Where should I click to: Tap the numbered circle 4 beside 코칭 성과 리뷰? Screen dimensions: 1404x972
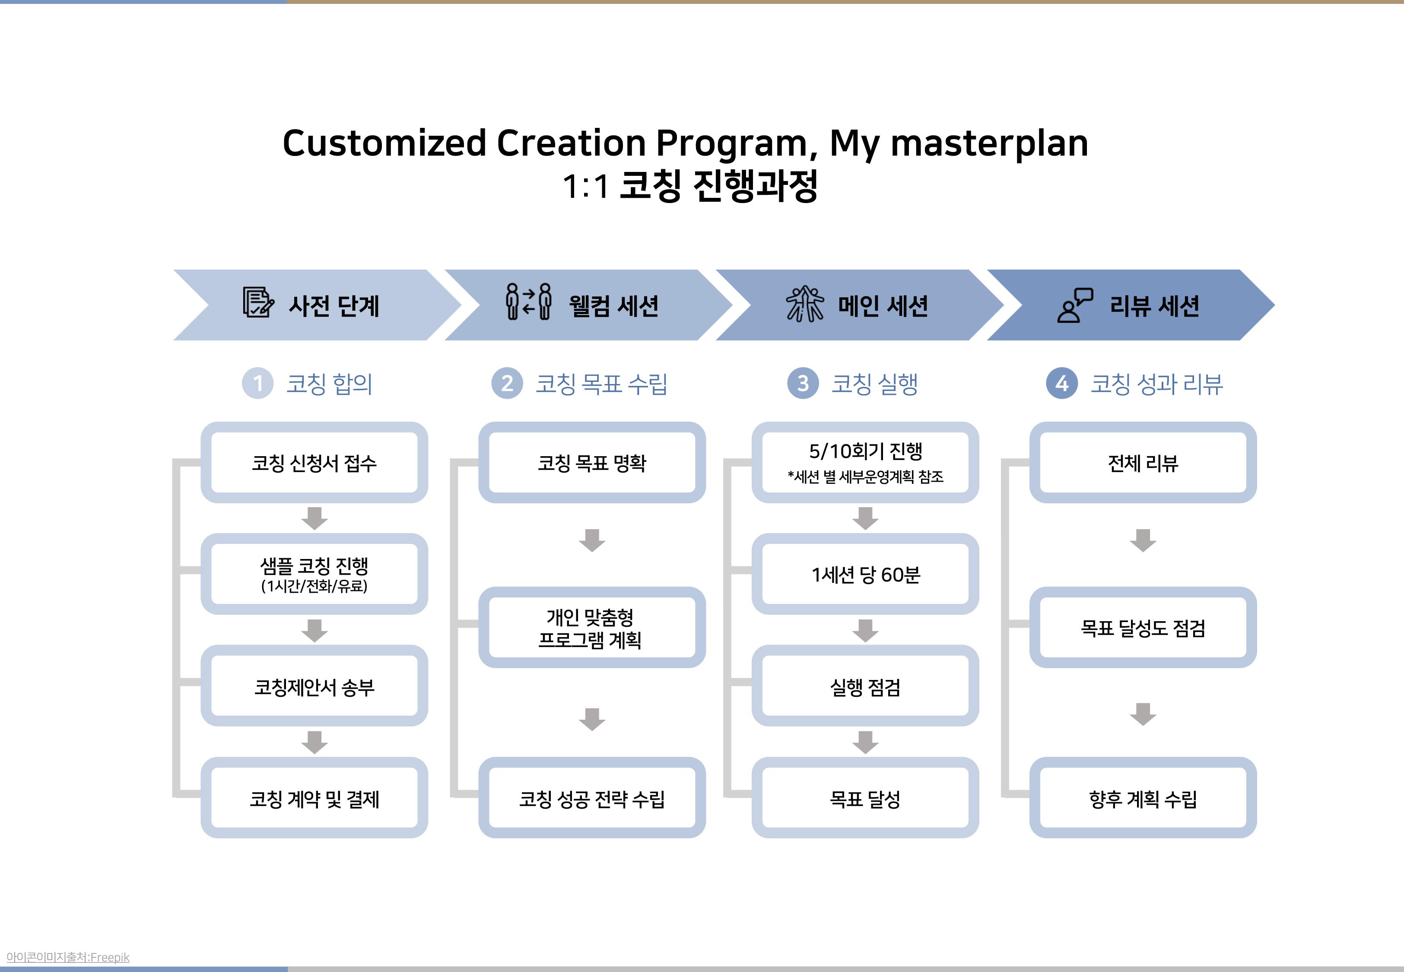click(x=1062, y=383)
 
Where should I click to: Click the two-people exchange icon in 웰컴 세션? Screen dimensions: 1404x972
click(x=528, y=302)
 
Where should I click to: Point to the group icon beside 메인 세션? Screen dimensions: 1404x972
click(x=804, y=303)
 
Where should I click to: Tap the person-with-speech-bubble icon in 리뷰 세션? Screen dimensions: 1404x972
click(x=1075, y=305)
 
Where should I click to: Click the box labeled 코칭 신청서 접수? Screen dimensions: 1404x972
click(x=314, y=462)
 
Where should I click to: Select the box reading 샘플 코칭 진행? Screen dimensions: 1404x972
click(x=314, y=574)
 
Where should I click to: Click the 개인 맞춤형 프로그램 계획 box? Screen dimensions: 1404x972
click(x=592, y=627)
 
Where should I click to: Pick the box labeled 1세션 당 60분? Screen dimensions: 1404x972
click(x=865, y=574)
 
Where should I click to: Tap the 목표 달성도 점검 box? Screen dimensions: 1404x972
click(x=1143, y=627)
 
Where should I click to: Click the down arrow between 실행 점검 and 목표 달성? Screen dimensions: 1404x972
click(x=865, y=743)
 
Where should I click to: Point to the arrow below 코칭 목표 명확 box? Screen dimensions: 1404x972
click(x=592, y=540)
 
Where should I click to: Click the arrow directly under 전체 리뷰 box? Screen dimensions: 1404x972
click(x=1143, y=540)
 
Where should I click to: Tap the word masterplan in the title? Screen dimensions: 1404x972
click(x=989, y=144)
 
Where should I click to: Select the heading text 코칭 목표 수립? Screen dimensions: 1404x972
click(x=601, y=384)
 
